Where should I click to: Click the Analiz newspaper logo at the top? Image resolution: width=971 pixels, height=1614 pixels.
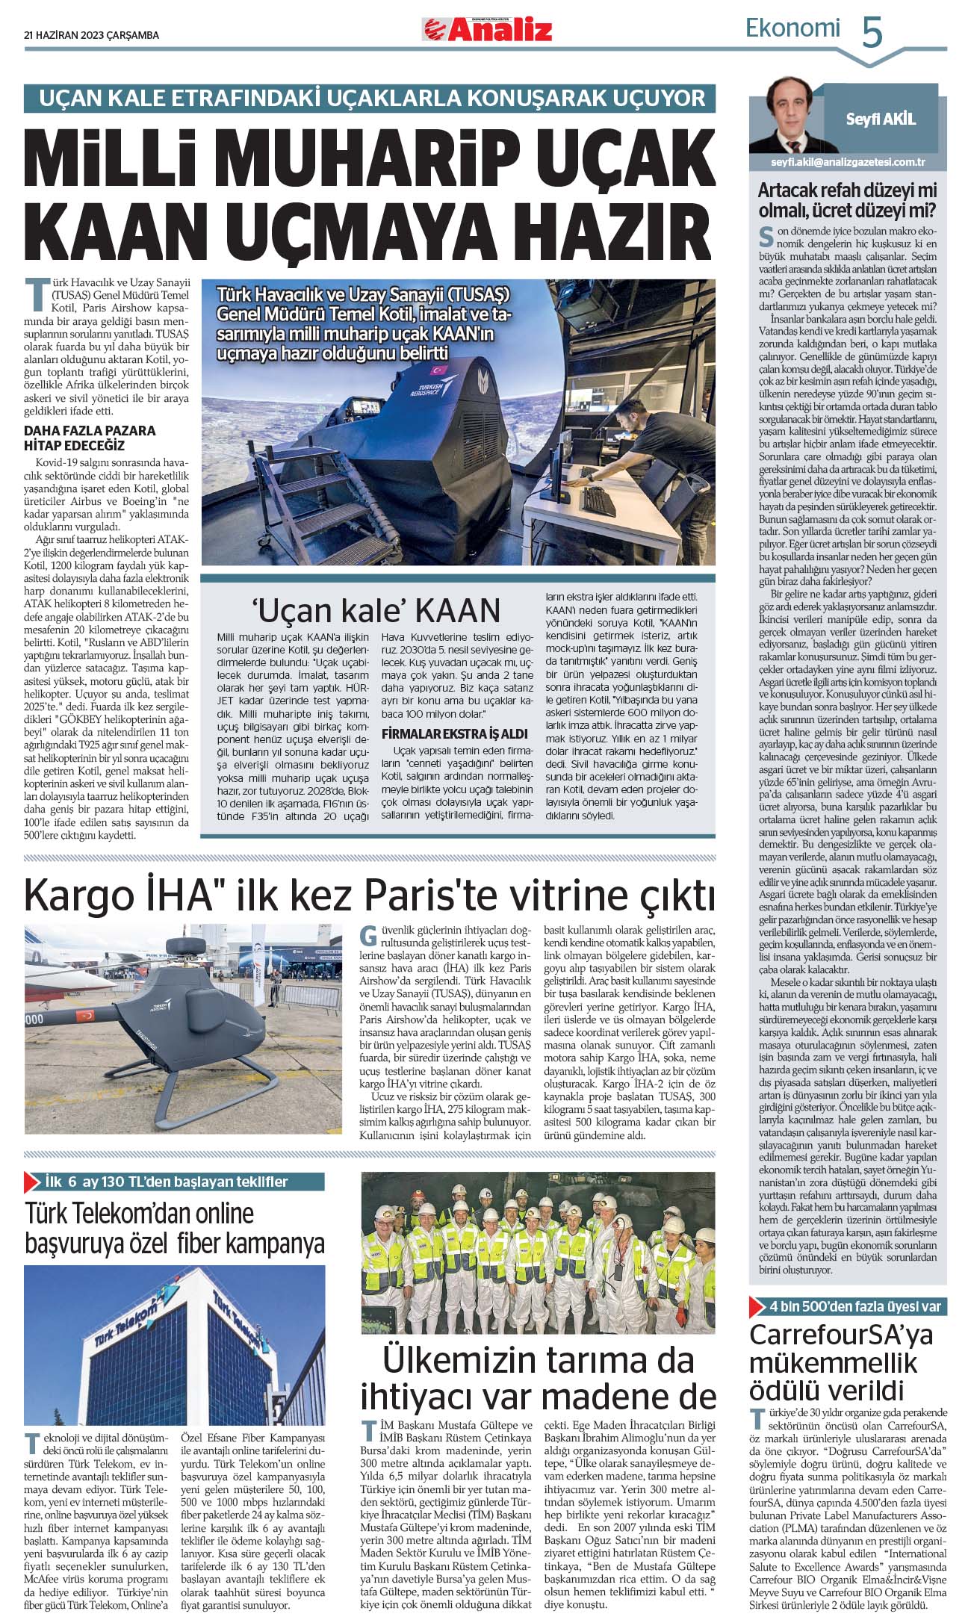(487, 29)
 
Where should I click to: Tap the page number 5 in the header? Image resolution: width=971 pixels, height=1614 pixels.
(872, 32)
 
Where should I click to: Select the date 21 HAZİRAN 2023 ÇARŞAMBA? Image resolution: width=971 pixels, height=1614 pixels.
(91, 35)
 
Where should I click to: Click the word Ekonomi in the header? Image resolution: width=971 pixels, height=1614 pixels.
(792, 28)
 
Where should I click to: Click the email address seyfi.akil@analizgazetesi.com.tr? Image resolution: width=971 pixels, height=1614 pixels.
(848, 161)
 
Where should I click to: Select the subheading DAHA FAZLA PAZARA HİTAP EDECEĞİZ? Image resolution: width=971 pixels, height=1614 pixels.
(90, 438)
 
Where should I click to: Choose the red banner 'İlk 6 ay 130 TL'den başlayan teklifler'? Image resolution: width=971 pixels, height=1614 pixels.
(174, 1182)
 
